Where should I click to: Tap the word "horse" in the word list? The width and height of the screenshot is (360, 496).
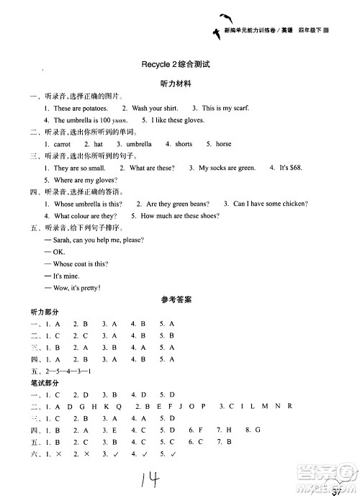223,144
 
